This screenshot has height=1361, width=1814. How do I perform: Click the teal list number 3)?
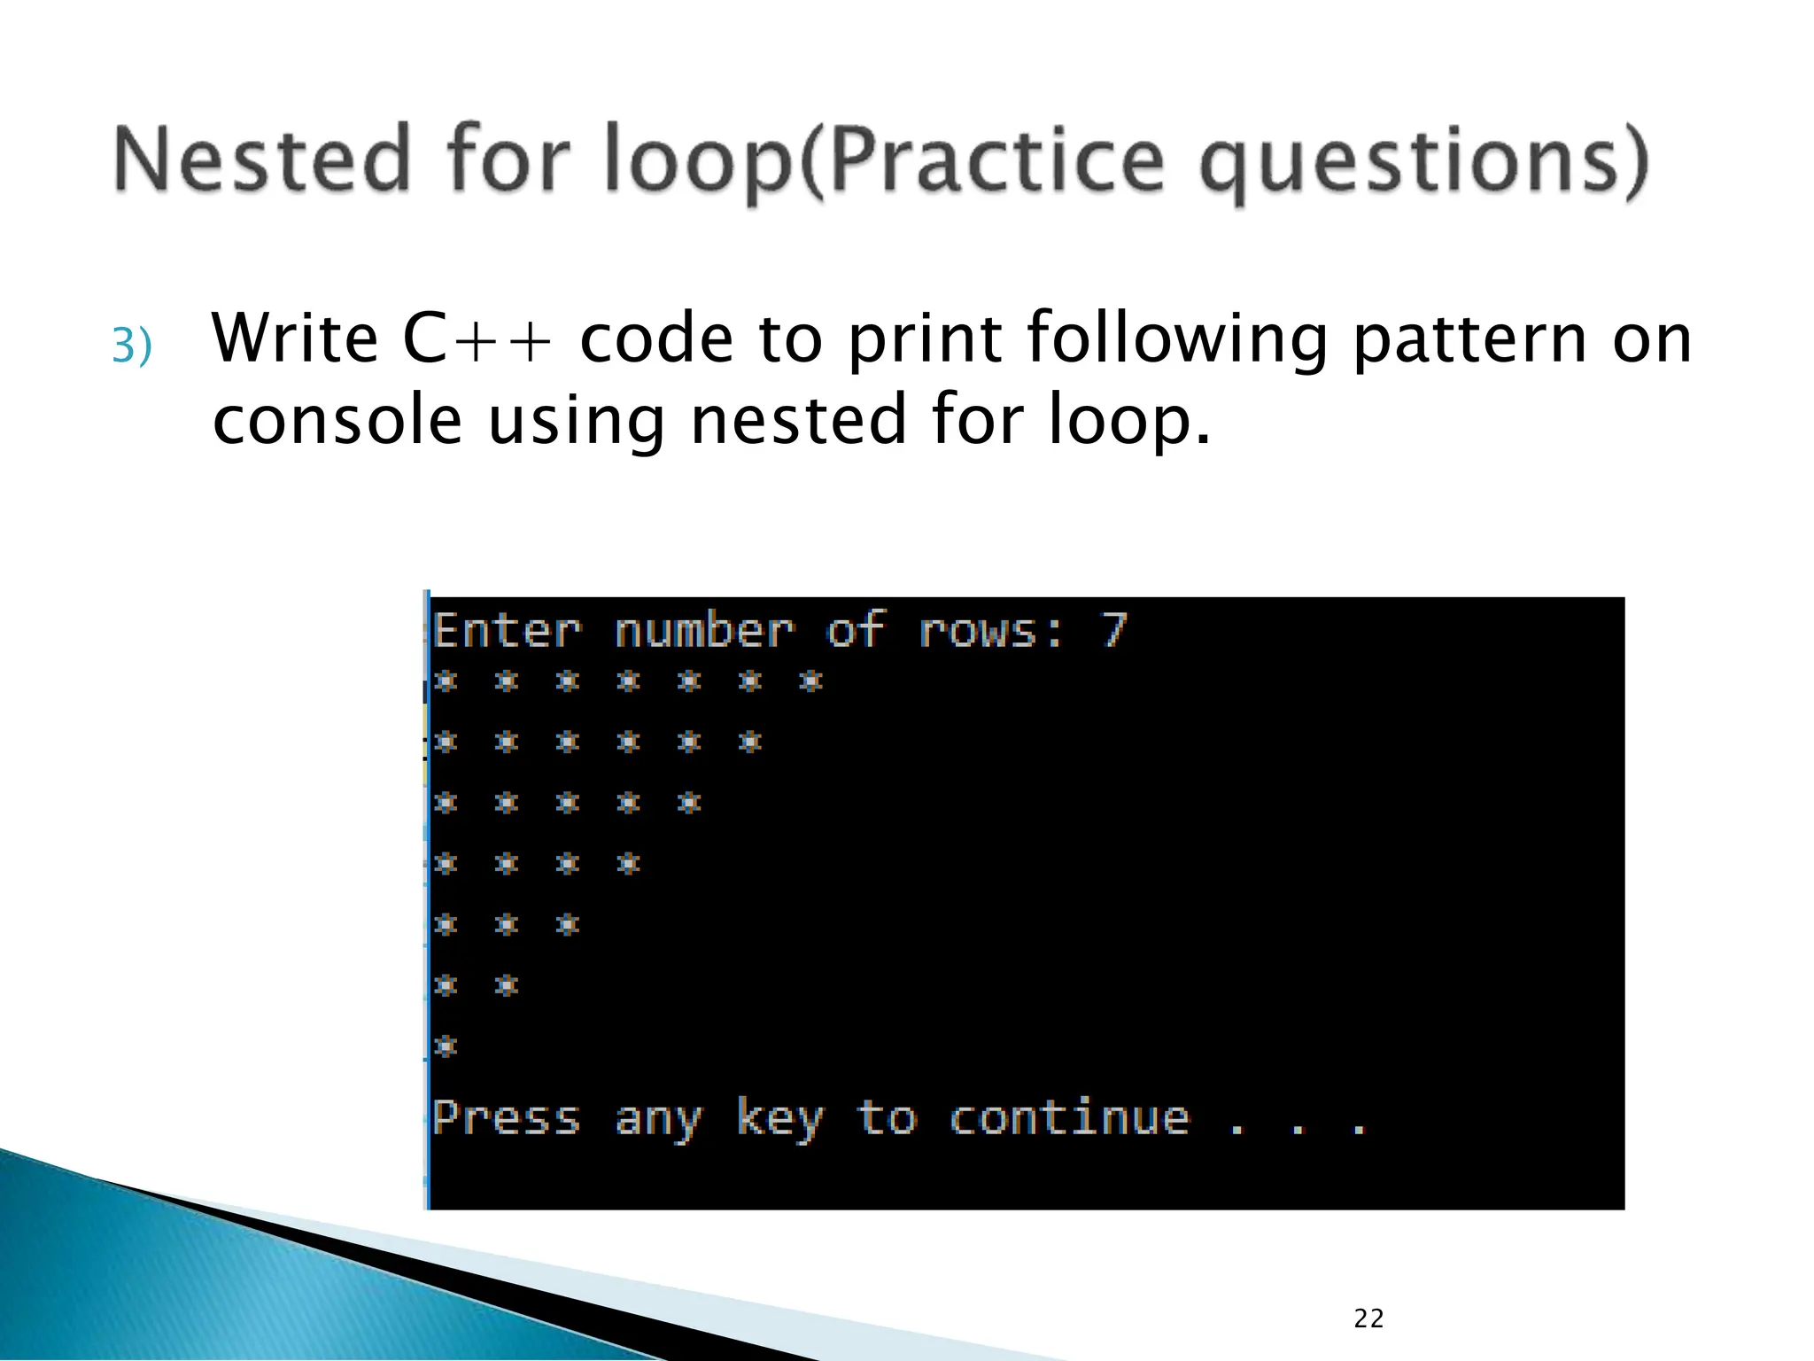pos(132,346)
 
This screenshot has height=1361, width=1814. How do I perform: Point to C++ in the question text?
pos(477,339)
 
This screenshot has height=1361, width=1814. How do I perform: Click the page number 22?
pos(1368,1318)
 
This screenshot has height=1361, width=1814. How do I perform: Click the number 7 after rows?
pos(1113,630)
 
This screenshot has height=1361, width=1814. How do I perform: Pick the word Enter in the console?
pos(508,631)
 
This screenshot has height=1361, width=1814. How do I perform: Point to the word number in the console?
pos(705,631)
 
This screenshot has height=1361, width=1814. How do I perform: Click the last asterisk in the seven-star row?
pos(811,680)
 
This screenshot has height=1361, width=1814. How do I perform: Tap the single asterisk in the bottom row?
pos(446,1046)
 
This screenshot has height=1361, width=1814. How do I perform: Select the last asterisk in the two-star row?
pos(507,984)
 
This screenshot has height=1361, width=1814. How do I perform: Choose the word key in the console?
pos(779,1120)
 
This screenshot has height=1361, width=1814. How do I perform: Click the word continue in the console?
pos(1069,1118)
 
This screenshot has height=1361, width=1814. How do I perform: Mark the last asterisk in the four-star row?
pos(629,863)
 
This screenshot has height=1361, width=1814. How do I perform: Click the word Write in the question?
pos(295,339)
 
